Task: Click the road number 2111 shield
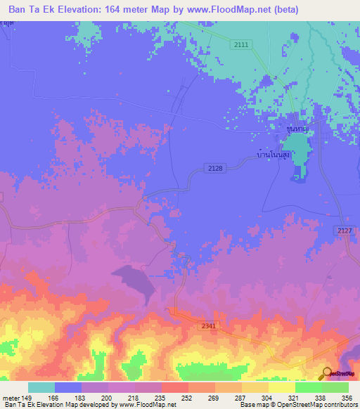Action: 241,44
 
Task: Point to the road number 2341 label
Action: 207,325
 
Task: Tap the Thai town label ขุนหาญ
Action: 300,129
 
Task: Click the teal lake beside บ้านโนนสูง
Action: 298,155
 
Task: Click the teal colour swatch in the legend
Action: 41,387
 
